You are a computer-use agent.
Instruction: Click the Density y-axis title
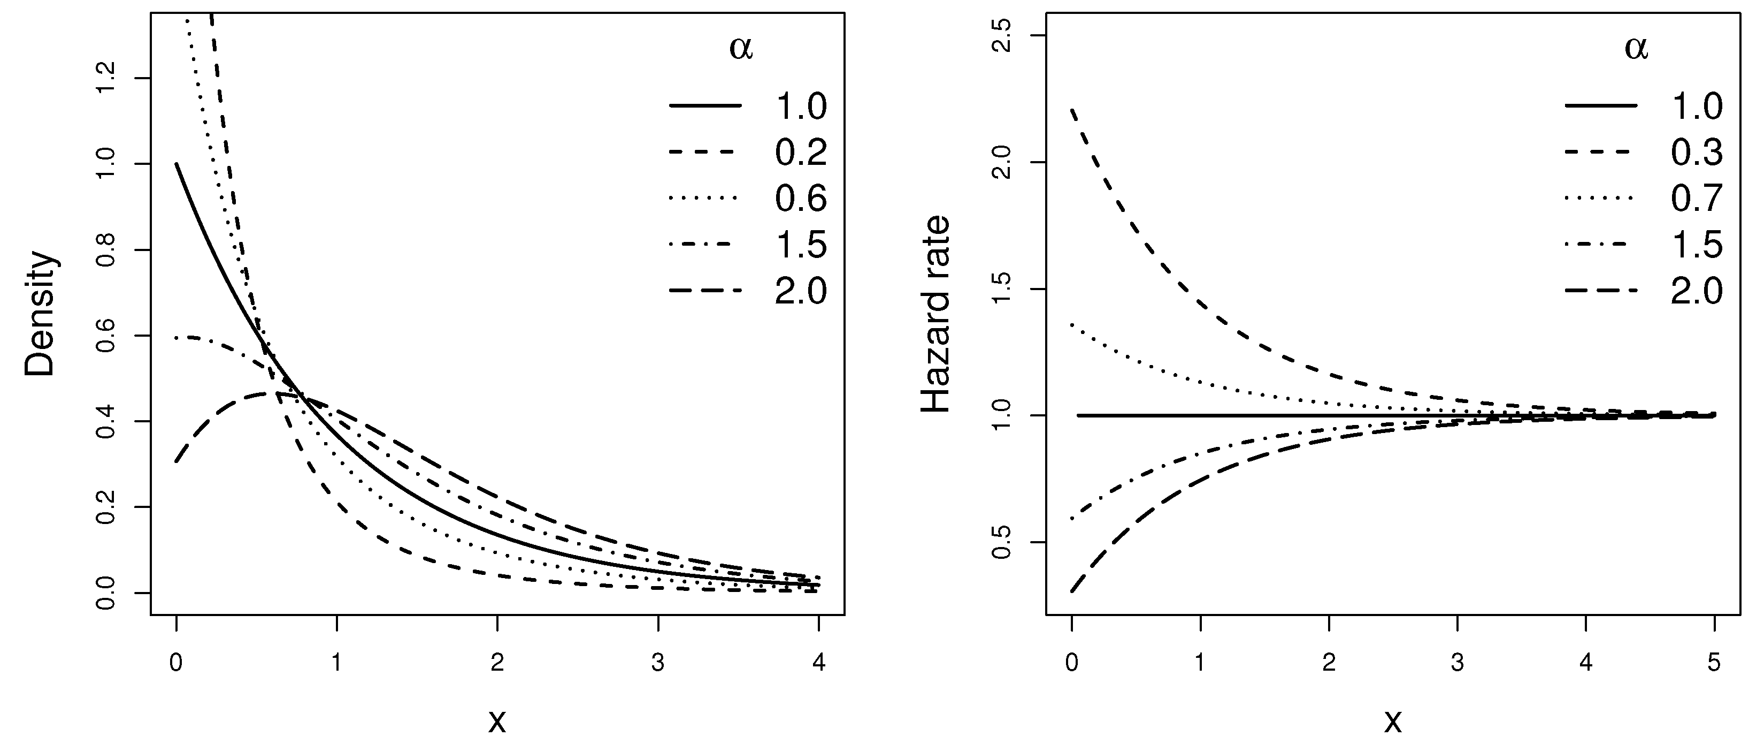click(39, 314)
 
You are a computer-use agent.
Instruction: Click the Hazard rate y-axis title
click(935, 314)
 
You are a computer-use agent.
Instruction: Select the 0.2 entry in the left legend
click(801, 152)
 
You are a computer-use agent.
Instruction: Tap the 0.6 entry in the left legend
click(801, 199)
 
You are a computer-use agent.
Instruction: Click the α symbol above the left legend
click(741, 49)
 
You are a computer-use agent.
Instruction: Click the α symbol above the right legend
click(1637, 49)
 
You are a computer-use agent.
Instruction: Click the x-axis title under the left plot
click(497, 720)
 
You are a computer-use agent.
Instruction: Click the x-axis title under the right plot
click(1393, 720)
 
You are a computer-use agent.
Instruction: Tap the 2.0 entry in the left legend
click(801, 291)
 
